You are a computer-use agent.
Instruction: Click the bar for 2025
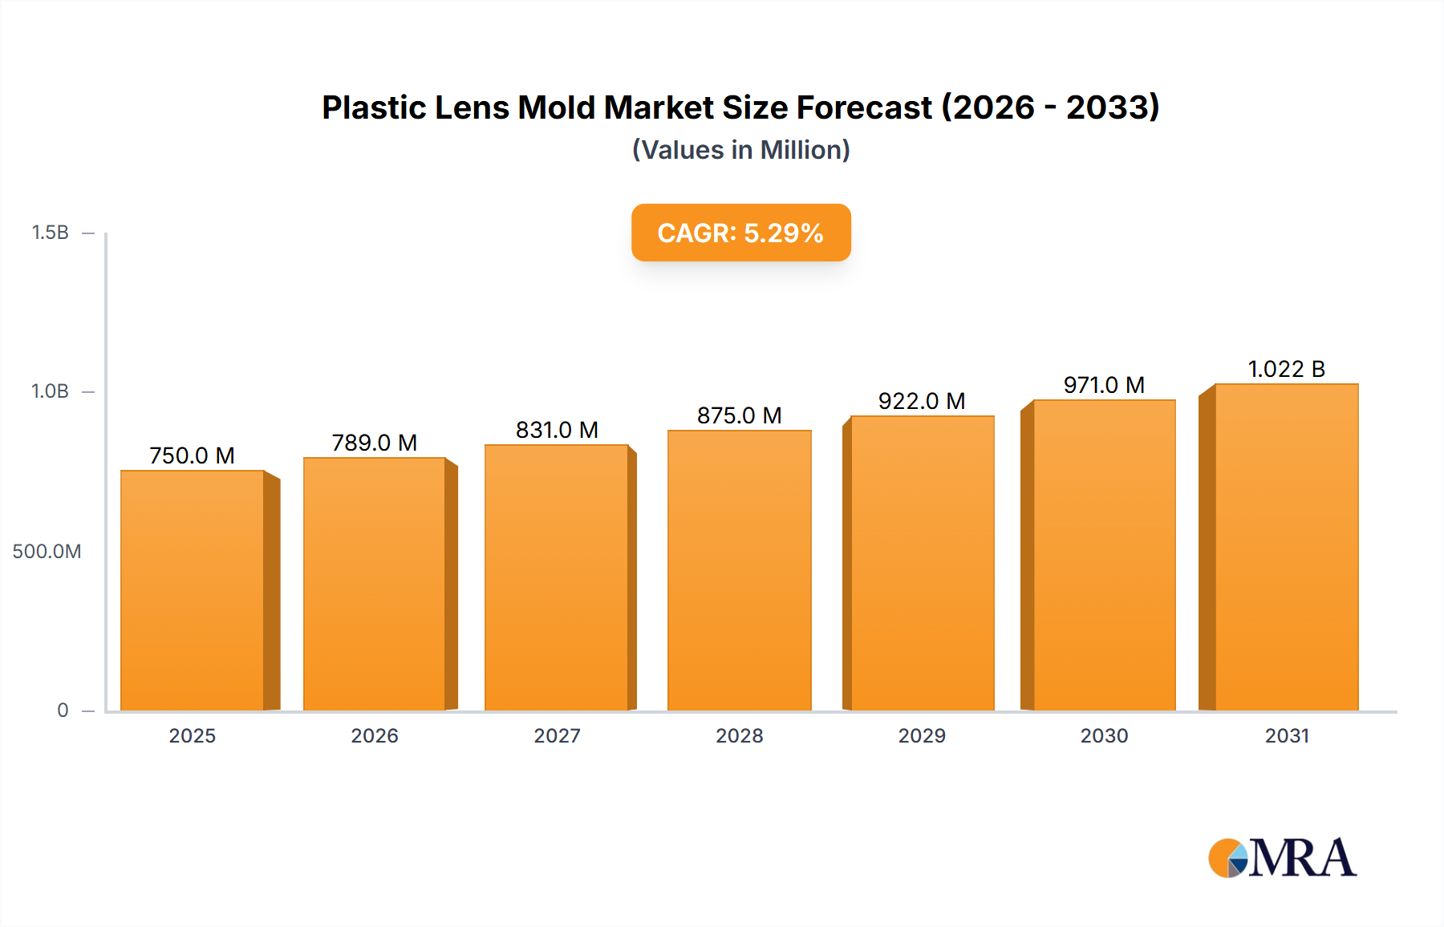(x=193, y=590)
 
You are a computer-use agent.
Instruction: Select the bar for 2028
(x=739, y=570)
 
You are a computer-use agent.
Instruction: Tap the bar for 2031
(x=1286, y=547)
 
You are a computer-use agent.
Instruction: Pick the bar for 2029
(x=922, y=563)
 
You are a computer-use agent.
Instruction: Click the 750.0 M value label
(x=192, y=455)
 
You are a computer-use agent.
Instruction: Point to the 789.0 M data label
(x=374, y=443)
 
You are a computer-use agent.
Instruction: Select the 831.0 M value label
(x=557, y=430)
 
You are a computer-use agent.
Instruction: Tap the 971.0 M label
(x=1104, y=385)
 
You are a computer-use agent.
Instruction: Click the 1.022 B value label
(x=1286, y=369)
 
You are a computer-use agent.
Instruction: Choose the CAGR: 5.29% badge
(x=740, y=233)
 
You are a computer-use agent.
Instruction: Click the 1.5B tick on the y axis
(x=50, y=233)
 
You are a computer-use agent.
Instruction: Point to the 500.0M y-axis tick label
(x=47, y=551)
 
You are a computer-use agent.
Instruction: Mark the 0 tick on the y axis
(x=63, y=710)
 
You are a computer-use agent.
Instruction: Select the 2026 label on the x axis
(x=374, y=735)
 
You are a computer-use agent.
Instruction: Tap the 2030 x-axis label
(x=1104, y=735)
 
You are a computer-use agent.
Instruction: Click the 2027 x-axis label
(x=557, y=735)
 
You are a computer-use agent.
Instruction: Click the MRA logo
(x=1282, y=858)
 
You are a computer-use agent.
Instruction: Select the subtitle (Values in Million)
(x=740, y=150)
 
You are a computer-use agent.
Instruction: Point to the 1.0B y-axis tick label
(x=50, y=391)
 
